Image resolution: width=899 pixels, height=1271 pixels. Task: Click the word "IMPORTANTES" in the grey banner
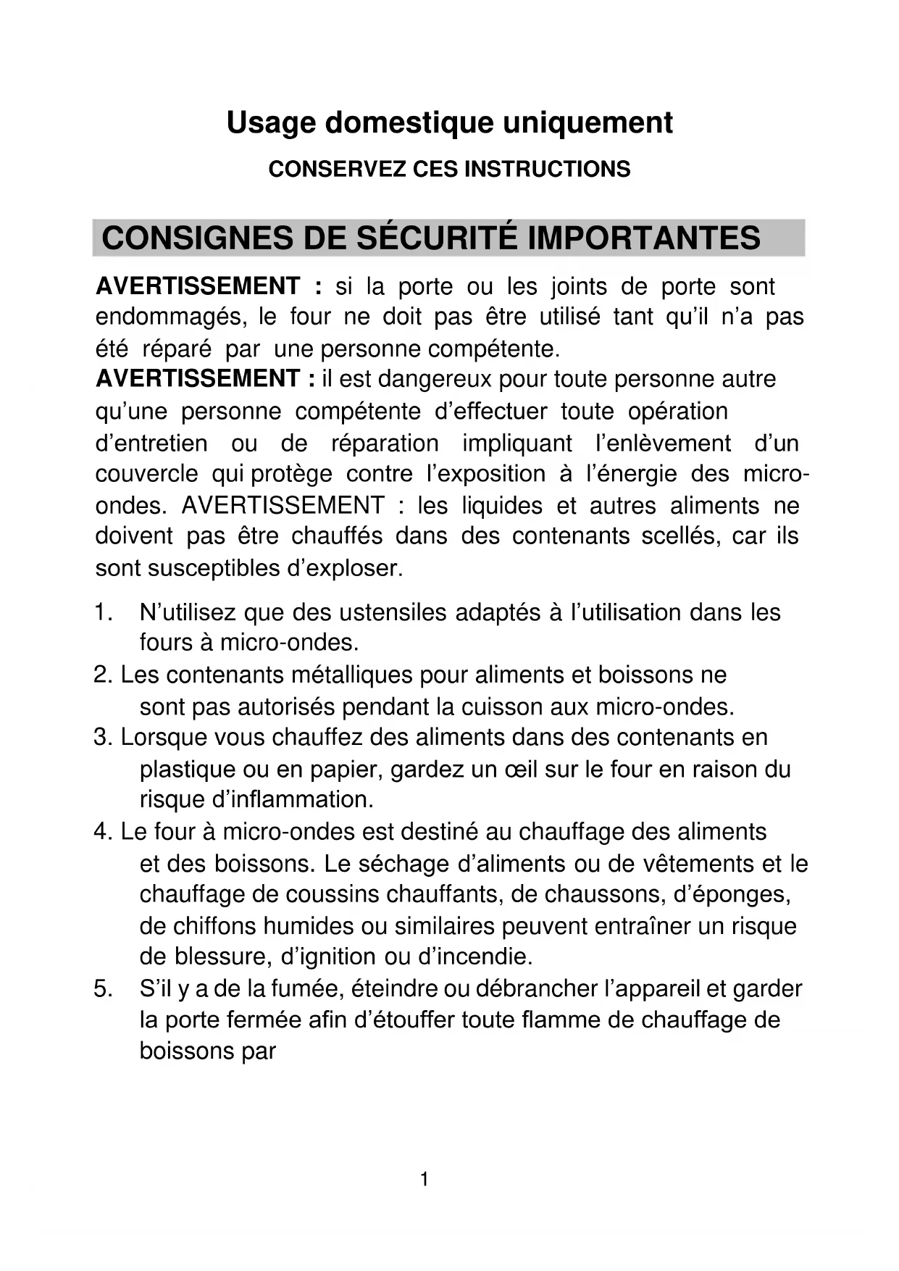[x=644, y=238]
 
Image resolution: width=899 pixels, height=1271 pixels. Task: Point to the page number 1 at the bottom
[x=425, y=1180]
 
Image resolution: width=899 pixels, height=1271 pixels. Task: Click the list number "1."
[x=103, y=613]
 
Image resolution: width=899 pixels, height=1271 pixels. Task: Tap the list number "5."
[x=103, y=989]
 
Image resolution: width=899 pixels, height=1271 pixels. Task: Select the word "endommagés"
[x=170, y=317]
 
